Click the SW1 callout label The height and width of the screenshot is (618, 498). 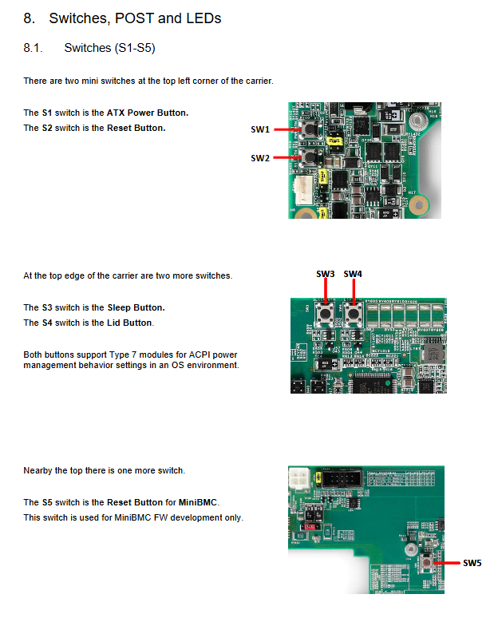click(260, 129)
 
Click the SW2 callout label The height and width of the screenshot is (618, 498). click(260, 158)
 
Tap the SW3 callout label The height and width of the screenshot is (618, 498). click(325, 274)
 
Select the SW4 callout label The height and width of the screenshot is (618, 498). click(353, 274)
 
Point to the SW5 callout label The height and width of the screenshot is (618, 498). click(472, 563)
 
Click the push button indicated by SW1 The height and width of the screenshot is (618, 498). click(310, 129)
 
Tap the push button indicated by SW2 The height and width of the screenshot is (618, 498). click(310, 157)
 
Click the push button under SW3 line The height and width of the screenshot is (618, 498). click(326, 314)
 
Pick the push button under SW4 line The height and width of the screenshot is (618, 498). click(354, 314)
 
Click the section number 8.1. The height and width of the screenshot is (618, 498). click(33, 48)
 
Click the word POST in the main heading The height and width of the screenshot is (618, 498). click(133, 18)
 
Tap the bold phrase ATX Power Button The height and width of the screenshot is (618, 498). click(148, 113)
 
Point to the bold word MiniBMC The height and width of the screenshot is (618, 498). click(198, 502)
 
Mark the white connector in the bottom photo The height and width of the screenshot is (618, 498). click(299, 478)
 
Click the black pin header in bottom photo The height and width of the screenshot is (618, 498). click(342, 479)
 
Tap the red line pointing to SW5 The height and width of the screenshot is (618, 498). click(446, 563)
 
